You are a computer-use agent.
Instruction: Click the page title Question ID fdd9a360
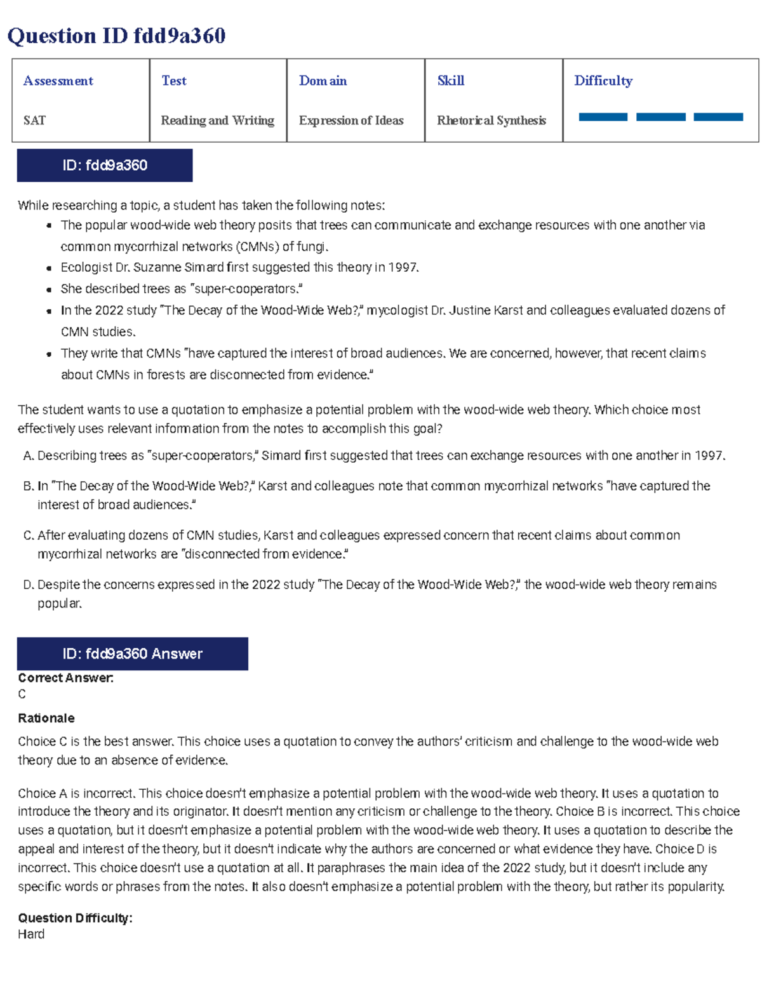[x=116, y=36]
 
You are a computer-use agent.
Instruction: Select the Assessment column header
[x=58, y=81]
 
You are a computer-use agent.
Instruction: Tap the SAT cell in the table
[x=34, y=120]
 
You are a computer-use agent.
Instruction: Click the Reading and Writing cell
[x=217, y=120]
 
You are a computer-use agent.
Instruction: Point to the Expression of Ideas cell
[x=351, y=120]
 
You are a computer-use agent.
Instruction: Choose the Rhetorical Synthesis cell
[x=491, y=120]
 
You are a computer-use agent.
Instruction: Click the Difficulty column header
[x=603, y=81]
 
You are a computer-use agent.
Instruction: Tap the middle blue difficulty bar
[x=660, y=117]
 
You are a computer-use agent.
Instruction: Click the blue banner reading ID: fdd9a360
[x=105, y=166]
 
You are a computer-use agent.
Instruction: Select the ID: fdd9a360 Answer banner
[x=132, y=654]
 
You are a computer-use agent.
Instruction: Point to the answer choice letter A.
[x=28, y=456]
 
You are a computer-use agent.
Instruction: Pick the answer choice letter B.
[x=28, y=486]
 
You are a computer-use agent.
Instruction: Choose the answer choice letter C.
[x=28, y=536]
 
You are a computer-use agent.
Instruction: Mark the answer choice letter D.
[x=28, y=585]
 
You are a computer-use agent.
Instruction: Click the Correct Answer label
[x=65, y=678]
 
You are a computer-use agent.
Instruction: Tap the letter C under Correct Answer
[x=22, y=694]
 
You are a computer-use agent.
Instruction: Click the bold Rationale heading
[x=46, y=718]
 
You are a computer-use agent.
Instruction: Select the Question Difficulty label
[x=75, y=918]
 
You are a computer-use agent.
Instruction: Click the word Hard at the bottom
[x=31, y=934]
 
